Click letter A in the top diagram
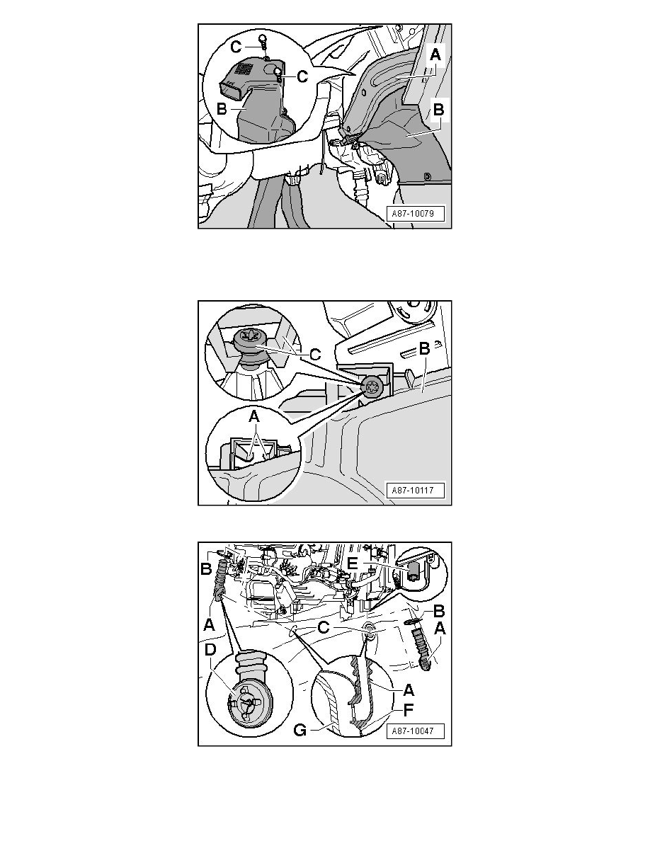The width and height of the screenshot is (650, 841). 435,55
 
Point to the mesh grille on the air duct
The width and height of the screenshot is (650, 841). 244,69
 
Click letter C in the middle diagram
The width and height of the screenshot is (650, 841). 315,354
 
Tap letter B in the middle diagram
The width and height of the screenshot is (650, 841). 424,348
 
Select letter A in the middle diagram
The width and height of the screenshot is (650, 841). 253,416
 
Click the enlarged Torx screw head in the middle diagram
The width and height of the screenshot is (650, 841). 249,337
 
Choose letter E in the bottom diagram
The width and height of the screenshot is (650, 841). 353,563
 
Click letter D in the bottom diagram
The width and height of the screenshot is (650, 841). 210,650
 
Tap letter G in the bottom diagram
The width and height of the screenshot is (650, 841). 300,730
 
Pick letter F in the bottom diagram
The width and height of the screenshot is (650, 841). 408,711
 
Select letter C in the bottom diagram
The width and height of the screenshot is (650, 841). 324,627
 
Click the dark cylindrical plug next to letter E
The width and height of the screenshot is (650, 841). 413,572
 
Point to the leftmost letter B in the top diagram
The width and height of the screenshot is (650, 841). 222,110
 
